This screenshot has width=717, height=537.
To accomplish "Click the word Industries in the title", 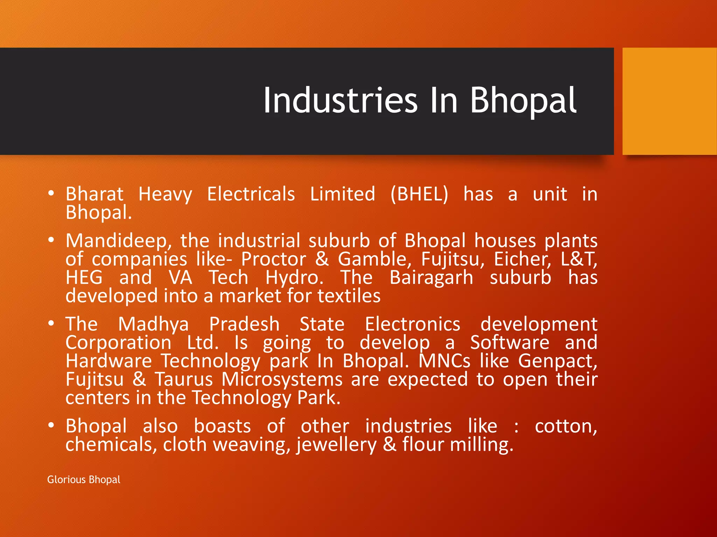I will tap(340, 101).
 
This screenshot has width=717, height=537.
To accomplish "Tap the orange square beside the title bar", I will tap(669, 101).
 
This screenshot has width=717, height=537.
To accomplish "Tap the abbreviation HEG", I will tap(84, 278).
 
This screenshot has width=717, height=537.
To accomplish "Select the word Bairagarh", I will tap(431, 278).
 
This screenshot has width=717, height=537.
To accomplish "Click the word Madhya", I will tap(153, 324).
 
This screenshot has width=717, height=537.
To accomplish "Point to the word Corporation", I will tap(118, 343).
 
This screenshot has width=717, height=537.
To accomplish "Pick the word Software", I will tap(509, 343).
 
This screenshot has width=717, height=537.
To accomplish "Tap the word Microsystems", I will tap(282, 379).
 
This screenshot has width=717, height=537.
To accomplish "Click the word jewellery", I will tap(336, 445).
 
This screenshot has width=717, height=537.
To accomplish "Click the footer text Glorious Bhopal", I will tap(84, 479).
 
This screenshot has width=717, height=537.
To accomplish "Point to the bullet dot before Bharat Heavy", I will tap(51, 193).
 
